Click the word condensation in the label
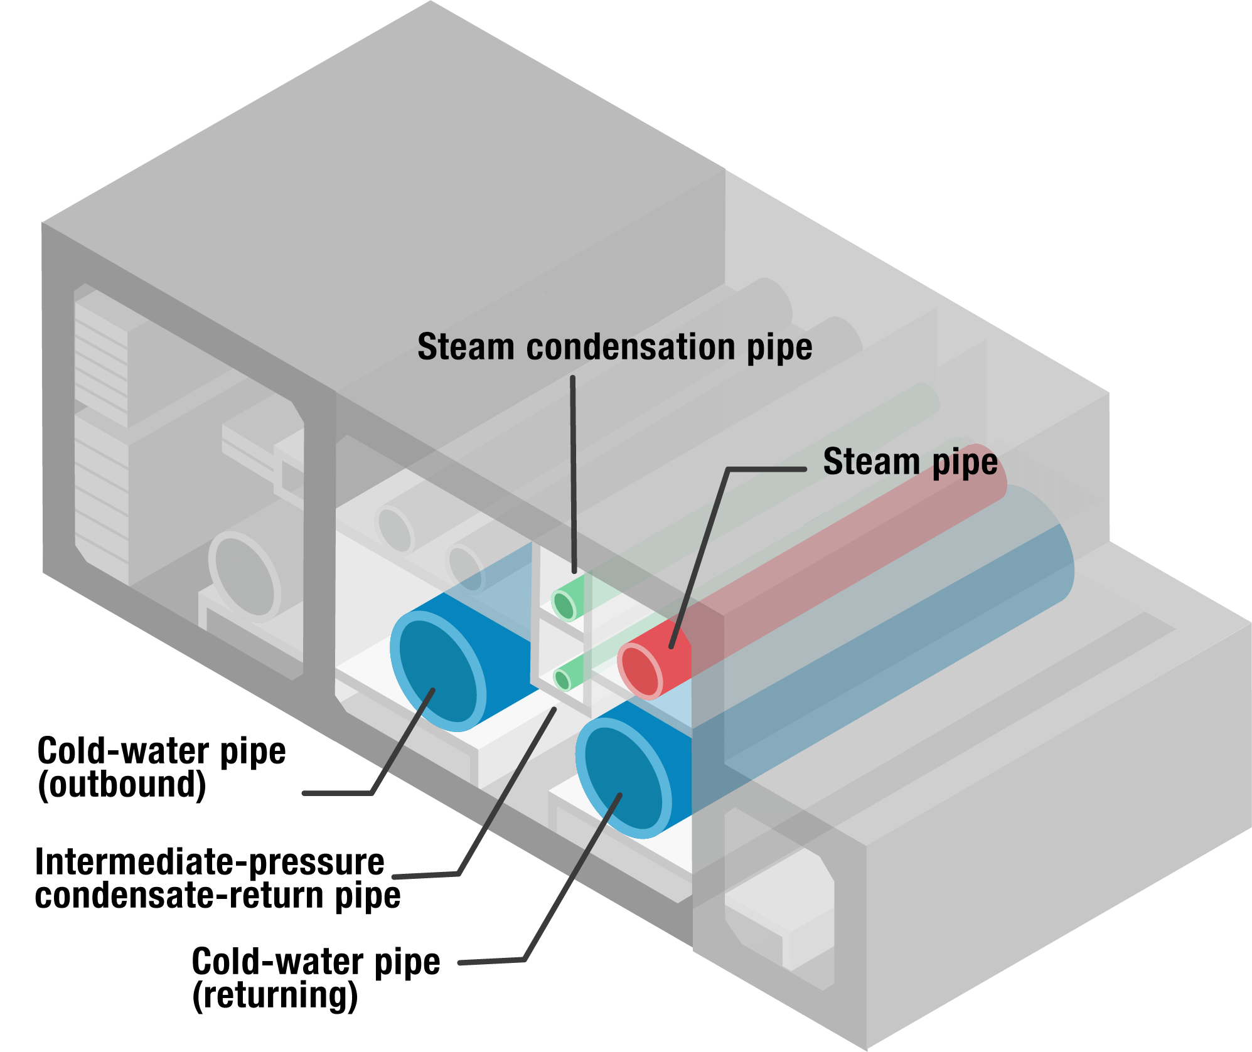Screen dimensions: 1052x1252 click(635, 347)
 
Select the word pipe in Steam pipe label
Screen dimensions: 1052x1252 click(965, 463)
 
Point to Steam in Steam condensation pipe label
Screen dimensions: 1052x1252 click(466, 347)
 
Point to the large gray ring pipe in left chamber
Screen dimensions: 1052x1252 click(245, 575)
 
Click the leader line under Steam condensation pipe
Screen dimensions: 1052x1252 click(573, 470)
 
